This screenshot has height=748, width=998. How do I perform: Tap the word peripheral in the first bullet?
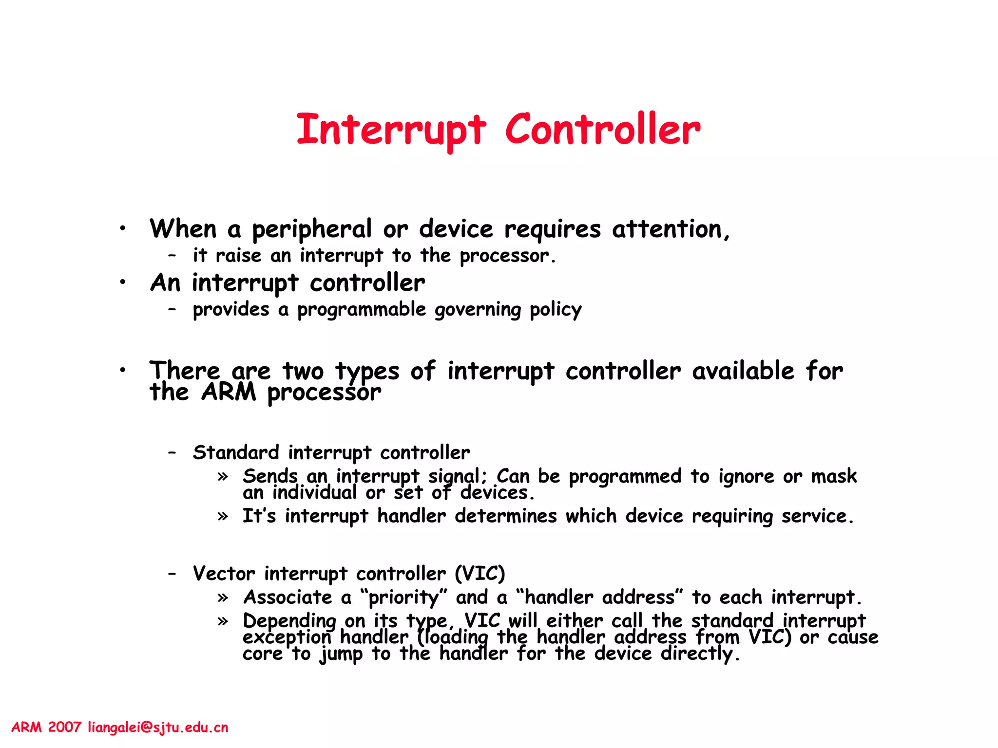[312, 229]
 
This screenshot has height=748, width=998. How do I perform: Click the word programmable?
[362, 310]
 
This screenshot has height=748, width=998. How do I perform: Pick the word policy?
[556, 310]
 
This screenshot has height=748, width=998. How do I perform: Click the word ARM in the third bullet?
[229, 392]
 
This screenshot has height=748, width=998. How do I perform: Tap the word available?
[743, 371]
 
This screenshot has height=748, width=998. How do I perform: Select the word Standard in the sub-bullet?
[236, 453]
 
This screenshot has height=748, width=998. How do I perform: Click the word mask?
[834, 476]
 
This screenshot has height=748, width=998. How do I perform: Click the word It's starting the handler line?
[259, 516]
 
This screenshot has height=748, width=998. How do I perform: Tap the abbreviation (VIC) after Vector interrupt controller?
[480, 574]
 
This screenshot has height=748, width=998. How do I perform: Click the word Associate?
[288, 598]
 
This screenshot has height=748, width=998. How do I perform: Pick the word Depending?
[289, 621]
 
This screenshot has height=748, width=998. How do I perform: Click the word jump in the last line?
[341, 654]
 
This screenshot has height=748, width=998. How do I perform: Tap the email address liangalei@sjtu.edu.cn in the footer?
[158, 728]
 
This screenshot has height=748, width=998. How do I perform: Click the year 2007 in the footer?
[64, 728]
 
